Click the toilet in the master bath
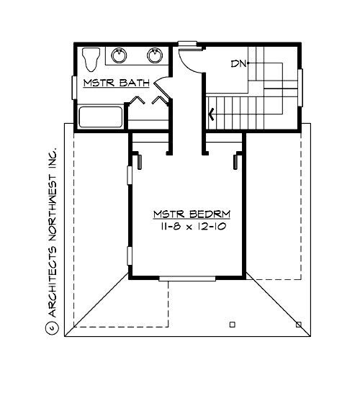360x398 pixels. (x=90, y=58)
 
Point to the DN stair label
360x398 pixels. (x=238, y=64)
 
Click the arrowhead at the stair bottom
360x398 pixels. (x=211, y=113)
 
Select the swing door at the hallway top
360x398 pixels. (x=189, y=60)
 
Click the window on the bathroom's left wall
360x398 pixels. (x=74, y=86)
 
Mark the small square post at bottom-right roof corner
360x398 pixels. (x=299, y=324)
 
